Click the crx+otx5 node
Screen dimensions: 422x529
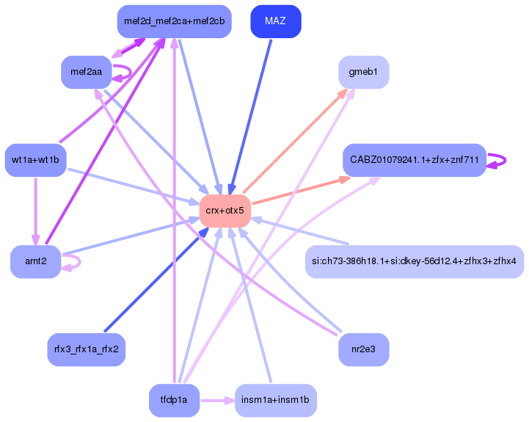[x=225, y=211]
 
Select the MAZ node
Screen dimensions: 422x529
[x=275, y=21]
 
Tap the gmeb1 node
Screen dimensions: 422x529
[x=363, y=73]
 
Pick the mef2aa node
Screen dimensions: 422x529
[x=86, y=72]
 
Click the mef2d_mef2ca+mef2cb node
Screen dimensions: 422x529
[x=174, y=21]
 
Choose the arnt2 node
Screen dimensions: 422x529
[x=35, y=262]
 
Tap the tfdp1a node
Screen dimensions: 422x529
[x=174, y=401]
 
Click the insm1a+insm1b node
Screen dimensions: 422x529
[x=275, y=401]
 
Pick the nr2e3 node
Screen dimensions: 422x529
[x=363, y=349]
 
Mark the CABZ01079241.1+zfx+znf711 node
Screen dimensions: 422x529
[x=415, y=160]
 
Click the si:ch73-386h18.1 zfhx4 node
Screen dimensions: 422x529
[x=414, y=262]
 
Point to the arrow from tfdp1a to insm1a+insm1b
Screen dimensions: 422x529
[x=217, y=401]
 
